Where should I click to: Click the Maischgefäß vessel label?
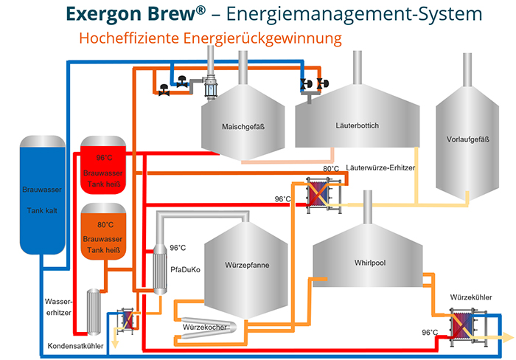(x=243, y=126)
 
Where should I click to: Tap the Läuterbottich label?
(x=356, y=126)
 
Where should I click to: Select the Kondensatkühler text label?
(x=76, y=346)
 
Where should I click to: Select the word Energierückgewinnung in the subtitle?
(x=266, y=36)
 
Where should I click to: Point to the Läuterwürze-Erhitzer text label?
(x=380, y=169)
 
